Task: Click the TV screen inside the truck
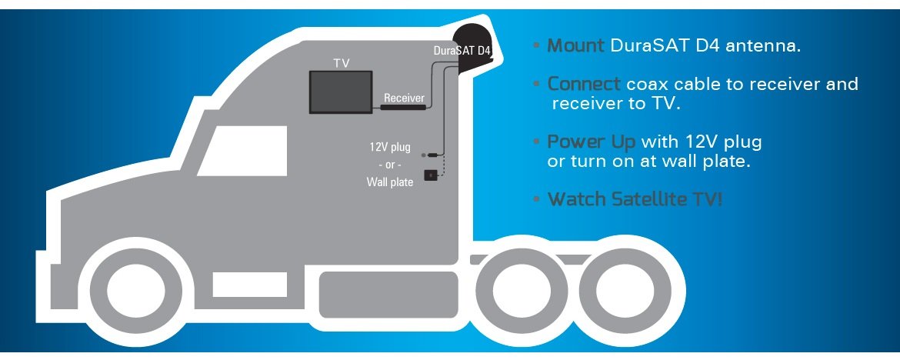coord(342,92)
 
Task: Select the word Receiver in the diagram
coord(404,98)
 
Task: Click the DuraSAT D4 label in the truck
coord(462,51)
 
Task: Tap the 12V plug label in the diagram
coord(391,145)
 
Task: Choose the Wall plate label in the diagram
coord(390,182)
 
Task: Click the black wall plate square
coord(432,175)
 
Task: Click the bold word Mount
coord(576,46)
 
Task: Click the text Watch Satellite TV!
coord(635,199)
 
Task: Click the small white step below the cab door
coord(238,285)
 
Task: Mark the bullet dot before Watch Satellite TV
coord(535,200)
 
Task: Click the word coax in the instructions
coord(647,84)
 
